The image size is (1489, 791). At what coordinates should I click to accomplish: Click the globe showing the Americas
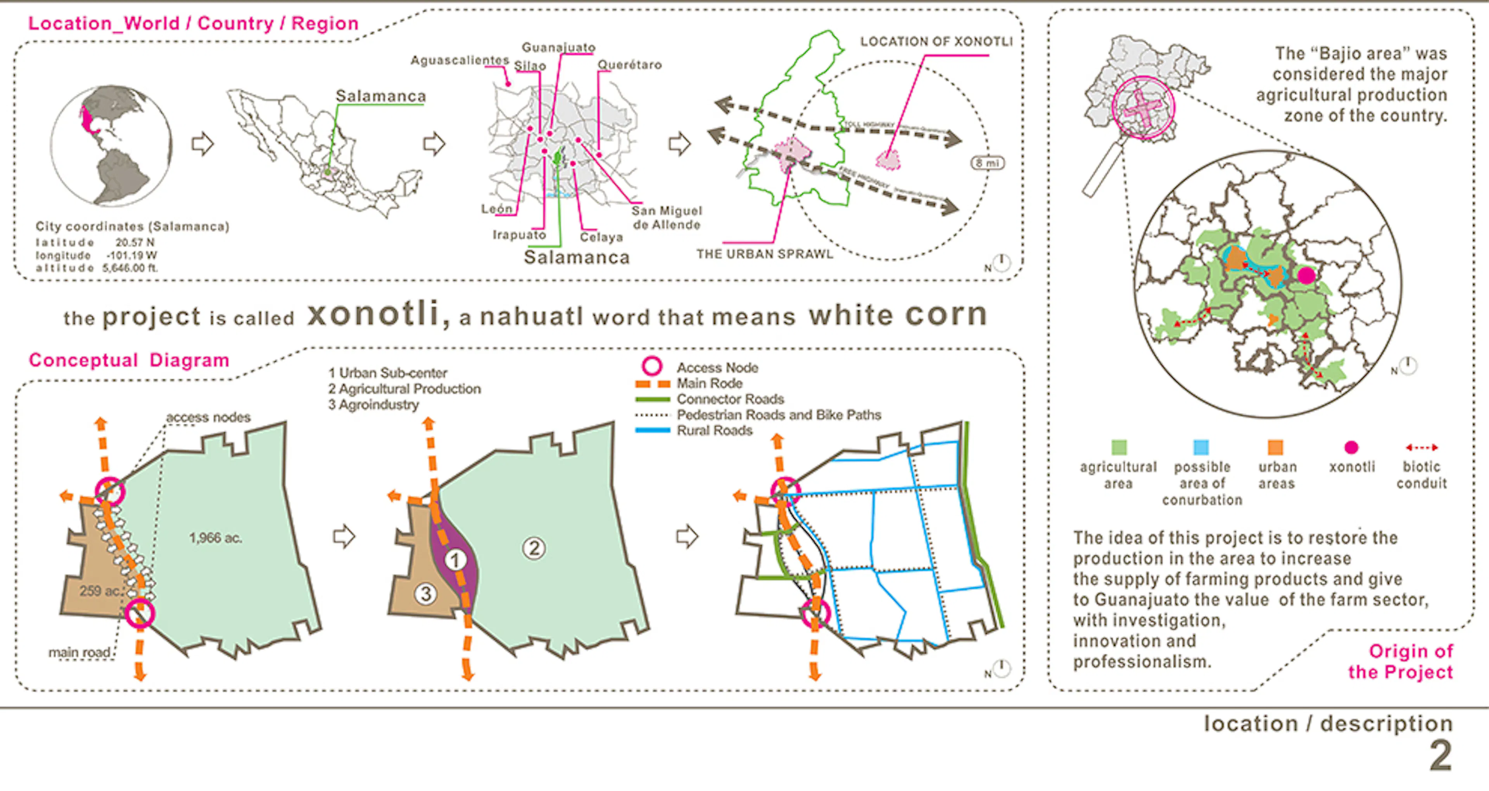point(111,146)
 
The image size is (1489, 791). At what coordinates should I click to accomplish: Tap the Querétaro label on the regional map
point(629,65)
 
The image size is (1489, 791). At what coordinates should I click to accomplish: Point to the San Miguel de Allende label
point(667,218)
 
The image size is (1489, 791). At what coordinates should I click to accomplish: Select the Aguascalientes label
point(459,60)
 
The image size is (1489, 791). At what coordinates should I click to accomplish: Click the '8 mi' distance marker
point(987,163)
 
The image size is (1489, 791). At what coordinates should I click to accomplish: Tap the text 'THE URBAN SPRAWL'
point(764,254)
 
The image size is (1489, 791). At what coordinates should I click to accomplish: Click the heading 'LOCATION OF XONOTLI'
point(936,41)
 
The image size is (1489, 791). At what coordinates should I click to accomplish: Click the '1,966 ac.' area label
point(215,538)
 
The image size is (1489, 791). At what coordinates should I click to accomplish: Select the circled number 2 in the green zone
point(534,547)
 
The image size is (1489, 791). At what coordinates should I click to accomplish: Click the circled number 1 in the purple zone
point(455,560)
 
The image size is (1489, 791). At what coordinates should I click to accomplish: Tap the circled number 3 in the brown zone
point(425,593)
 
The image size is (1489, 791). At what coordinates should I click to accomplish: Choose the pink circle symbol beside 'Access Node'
point(652,366)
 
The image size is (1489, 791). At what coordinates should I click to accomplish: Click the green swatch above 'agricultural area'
point(1118,447)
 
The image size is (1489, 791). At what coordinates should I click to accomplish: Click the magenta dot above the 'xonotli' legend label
point(1351,447)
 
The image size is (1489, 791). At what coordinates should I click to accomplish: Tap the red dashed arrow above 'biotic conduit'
point(1422,447)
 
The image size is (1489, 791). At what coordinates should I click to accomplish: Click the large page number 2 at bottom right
point(1441,755)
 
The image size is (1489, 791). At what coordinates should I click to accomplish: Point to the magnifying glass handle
point(1102,171)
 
